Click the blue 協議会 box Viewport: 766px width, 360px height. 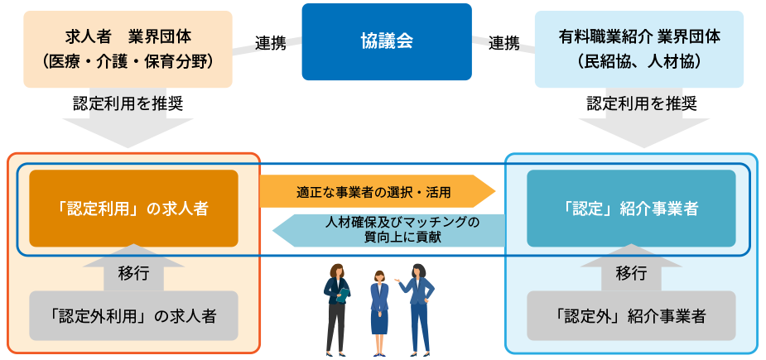(387, 41)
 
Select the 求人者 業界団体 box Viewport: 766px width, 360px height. (128, 48)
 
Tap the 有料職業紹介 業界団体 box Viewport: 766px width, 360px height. (639, 48)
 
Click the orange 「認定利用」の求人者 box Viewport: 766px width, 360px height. (133, 209)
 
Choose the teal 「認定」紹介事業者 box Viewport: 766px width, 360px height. (631, 209)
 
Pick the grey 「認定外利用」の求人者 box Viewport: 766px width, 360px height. (133, 315)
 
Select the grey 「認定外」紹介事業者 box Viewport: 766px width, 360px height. (631, 315)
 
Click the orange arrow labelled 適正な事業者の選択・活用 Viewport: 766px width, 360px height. (377, 192)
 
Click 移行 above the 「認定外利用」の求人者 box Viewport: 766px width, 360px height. (133, 271)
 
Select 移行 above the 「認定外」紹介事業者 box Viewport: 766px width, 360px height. (631, 271)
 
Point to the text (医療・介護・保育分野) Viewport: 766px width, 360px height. (128, 60)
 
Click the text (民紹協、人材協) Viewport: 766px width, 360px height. (639, 60)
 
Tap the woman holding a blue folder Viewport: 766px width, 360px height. (337, 307)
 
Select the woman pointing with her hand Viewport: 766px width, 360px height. (419, 307)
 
